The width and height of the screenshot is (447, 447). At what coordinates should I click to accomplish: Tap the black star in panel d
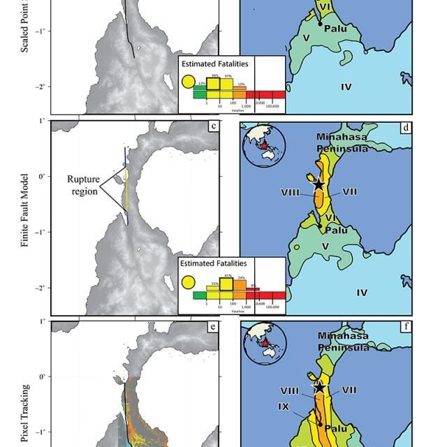coord(318,184)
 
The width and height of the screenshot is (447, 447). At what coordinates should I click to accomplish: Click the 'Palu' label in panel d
coord(337,230)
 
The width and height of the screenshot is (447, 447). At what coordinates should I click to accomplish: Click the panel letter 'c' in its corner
coord(212,127)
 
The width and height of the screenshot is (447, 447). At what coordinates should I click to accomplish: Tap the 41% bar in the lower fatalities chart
coord(226,284)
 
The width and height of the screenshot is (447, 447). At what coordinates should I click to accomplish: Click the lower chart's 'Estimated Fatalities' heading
coord(213,263)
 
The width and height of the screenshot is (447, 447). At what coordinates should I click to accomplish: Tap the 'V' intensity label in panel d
coord(325,247)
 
